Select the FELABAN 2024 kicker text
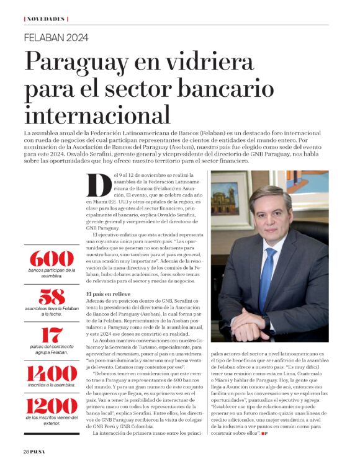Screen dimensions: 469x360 point(57,37)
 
